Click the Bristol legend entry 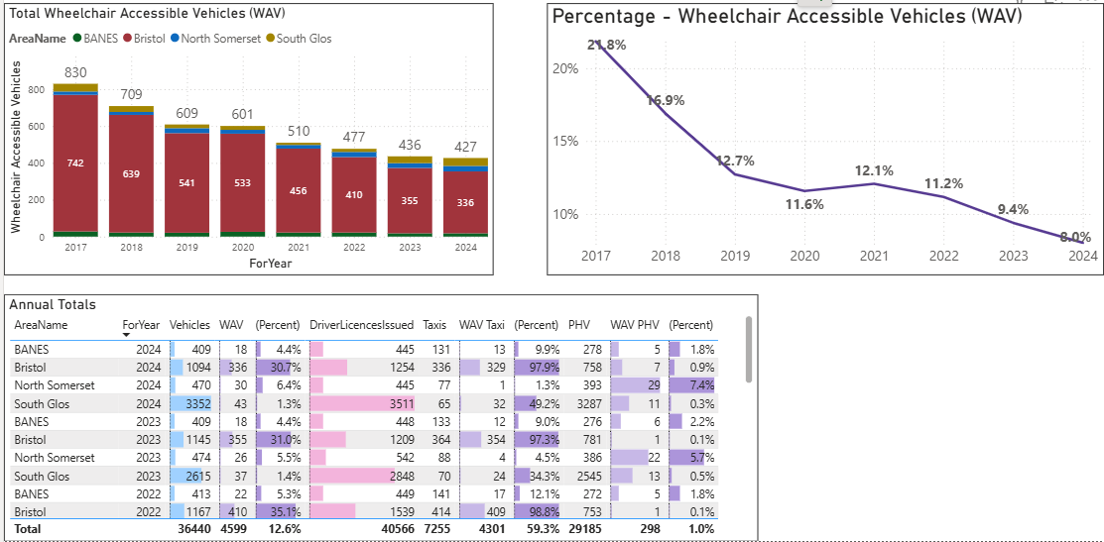click(x=149, y=39)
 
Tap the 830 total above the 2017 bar click(x=75, y=73)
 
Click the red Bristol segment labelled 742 click(x=75, y=163)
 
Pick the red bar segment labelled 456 click(x=298, y=190)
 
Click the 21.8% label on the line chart click(x=606, y=46)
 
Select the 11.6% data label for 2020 click(x=804, y=204)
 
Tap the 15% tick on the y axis click(x=565, y=141)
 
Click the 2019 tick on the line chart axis click(x=735, y=257)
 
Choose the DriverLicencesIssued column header click(x=361, y=325)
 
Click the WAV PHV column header click(x=634, y=325)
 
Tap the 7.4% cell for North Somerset click(x=699, y=385)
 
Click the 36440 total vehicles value click(x=190, y=530)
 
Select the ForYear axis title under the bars click(x=270, y=265)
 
